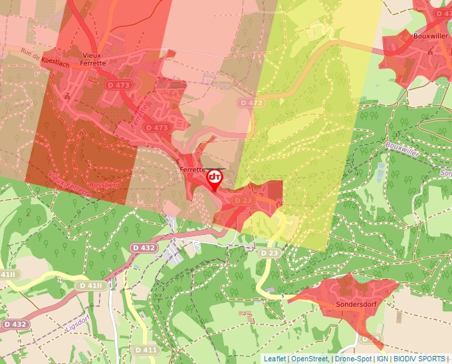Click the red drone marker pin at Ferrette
(x=215, y=179)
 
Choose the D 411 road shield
(x=146, y=349)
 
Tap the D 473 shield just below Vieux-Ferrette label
(x=119, y=85)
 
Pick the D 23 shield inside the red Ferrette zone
(x=243, y=200)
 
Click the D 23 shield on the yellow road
(x=269, y=253)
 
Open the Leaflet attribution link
(x=275, y=359)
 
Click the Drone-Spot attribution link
(x=354, y=359)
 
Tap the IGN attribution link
(x=382, y=359)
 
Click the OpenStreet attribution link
(x=309, y=359)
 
